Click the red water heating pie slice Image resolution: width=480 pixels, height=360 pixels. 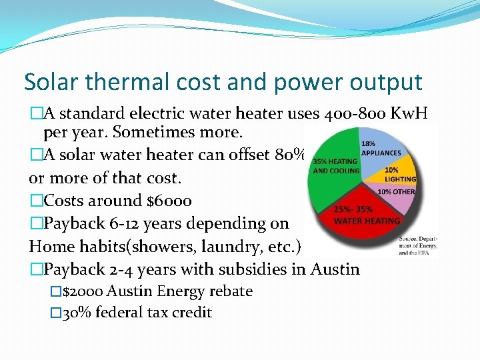pos(363,217)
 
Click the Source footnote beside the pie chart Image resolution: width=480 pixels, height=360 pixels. pos(417,246)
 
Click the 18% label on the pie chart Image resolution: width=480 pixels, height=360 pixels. pos(367,143)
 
